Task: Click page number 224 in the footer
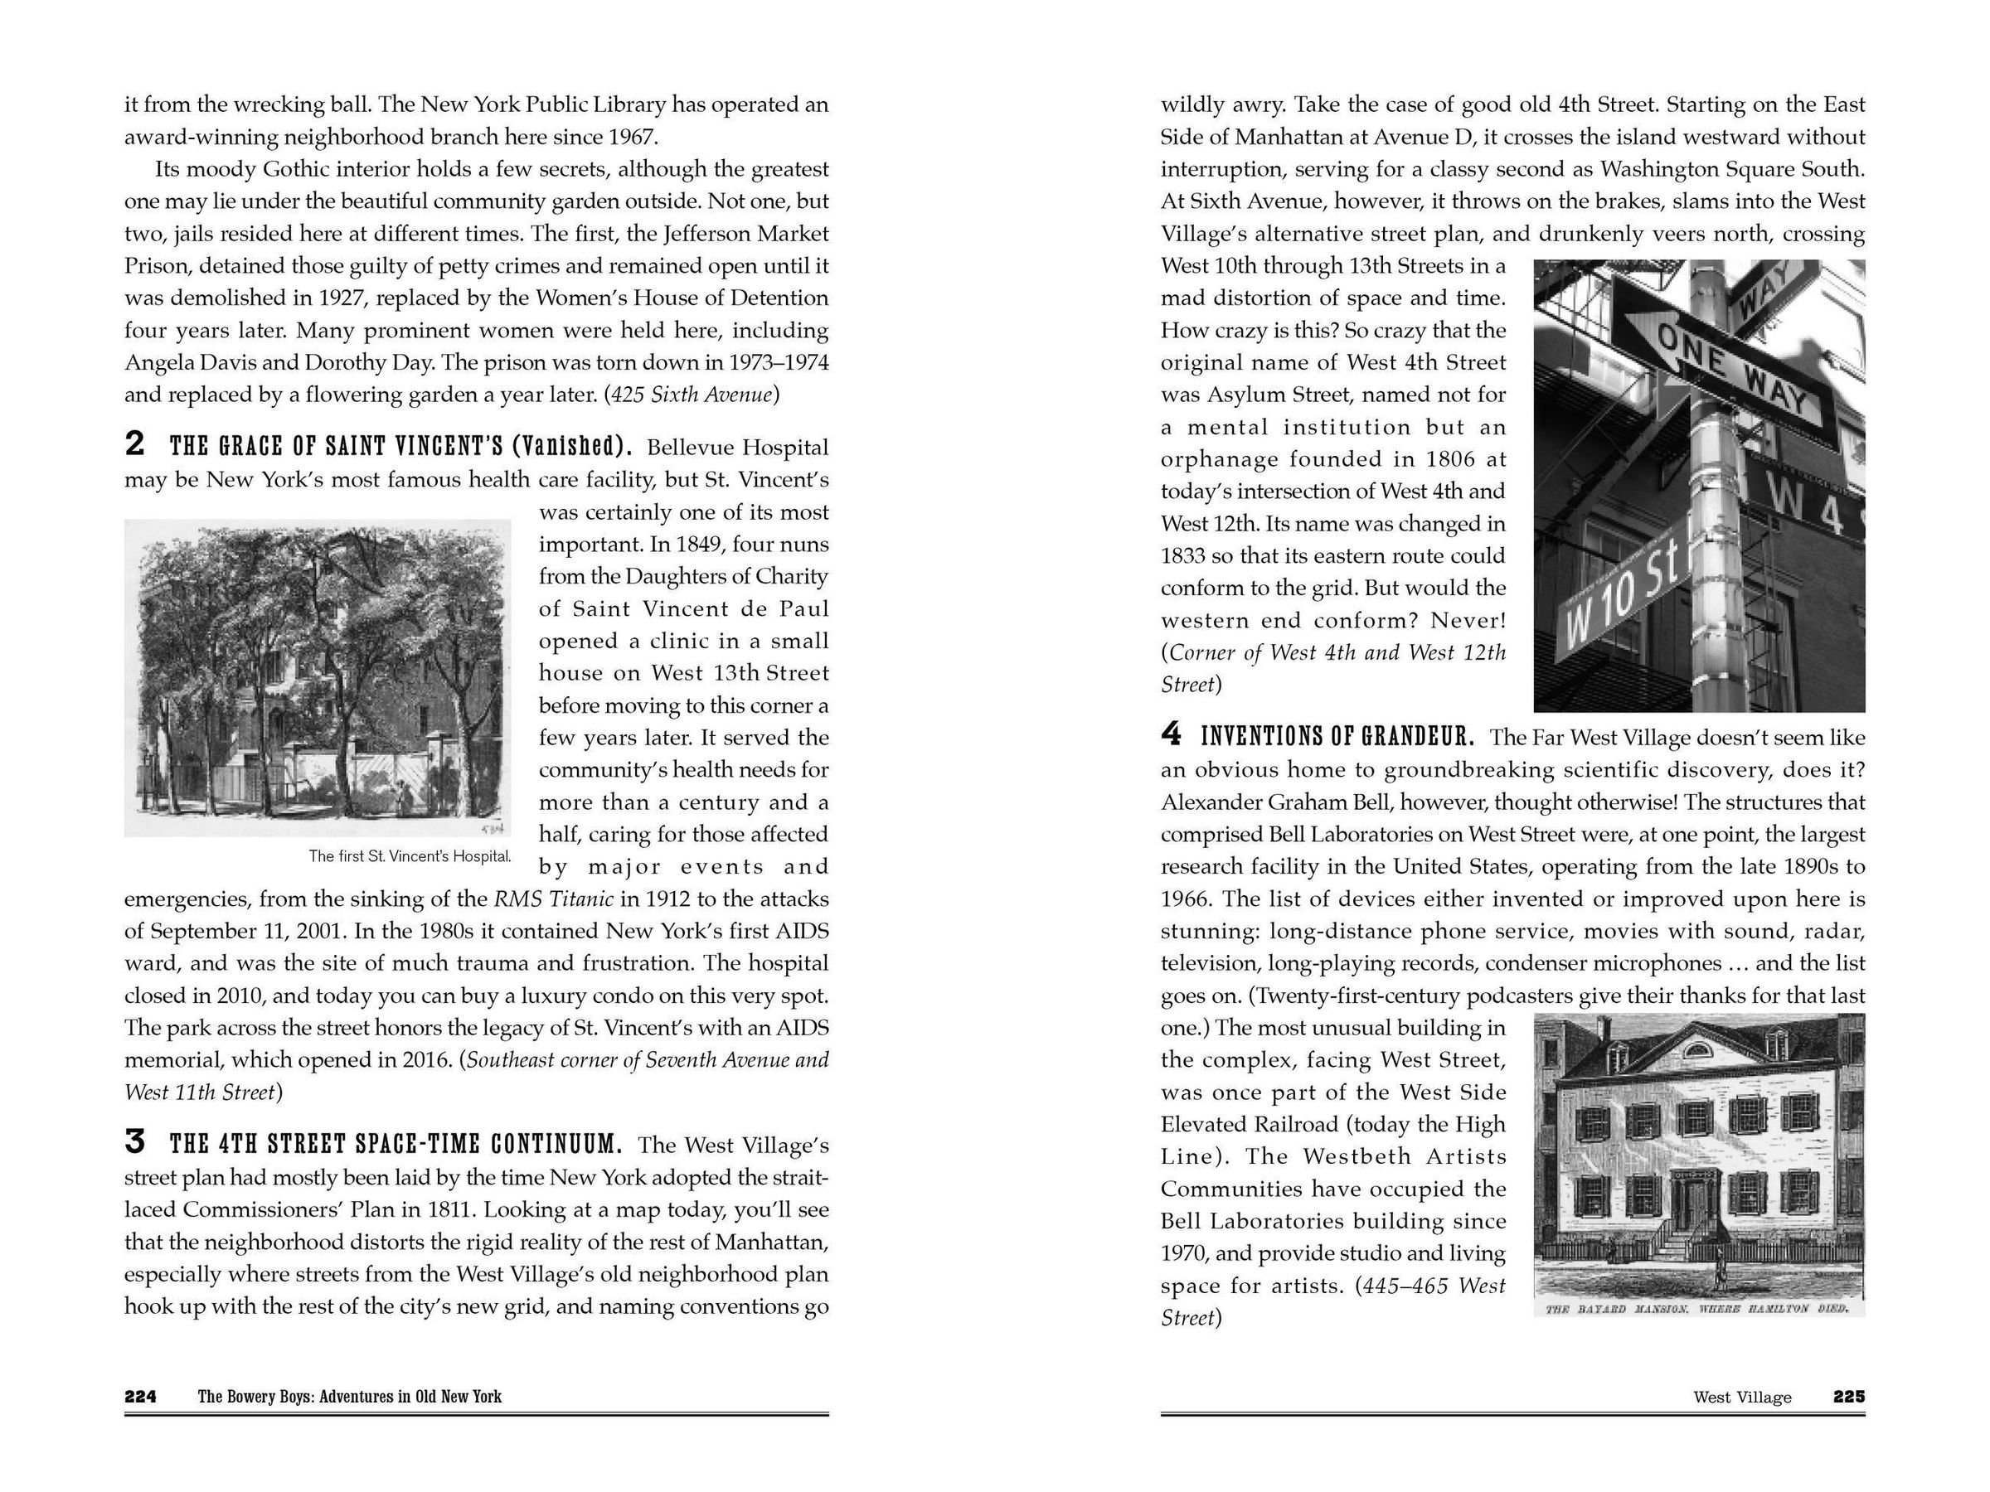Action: tap(140, 1397)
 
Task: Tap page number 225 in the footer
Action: tap(1849, 1397)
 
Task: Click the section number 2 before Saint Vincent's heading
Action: tap(134, 443)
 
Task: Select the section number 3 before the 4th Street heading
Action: tap(134, 1141)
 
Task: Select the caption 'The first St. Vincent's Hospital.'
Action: tap(410, 856)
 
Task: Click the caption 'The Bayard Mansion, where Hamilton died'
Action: tap(1696, 1309)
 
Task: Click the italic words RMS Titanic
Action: tap(553, 899)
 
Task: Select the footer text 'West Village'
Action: tap(1742, 1398)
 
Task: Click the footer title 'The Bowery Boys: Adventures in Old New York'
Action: tap(349, 1397)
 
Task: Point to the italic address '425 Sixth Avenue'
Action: tap(691, 395)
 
